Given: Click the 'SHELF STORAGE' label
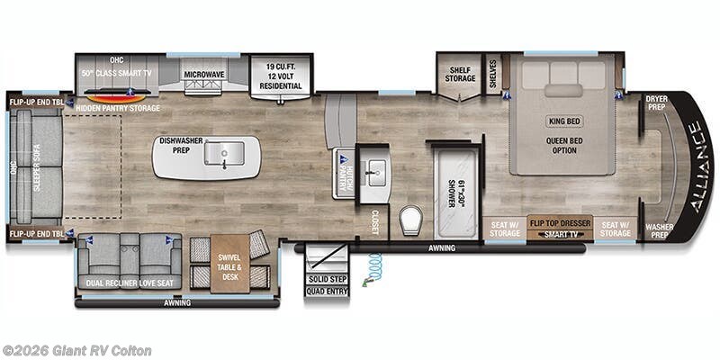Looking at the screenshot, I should click(459, 74).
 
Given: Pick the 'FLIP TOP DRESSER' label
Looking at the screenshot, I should click(560, 221).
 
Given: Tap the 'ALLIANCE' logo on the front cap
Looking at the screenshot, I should click(697, 166).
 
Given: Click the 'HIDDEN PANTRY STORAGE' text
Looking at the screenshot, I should click(118, 108).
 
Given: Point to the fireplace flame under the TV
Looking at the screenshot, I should click(115, 95).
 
